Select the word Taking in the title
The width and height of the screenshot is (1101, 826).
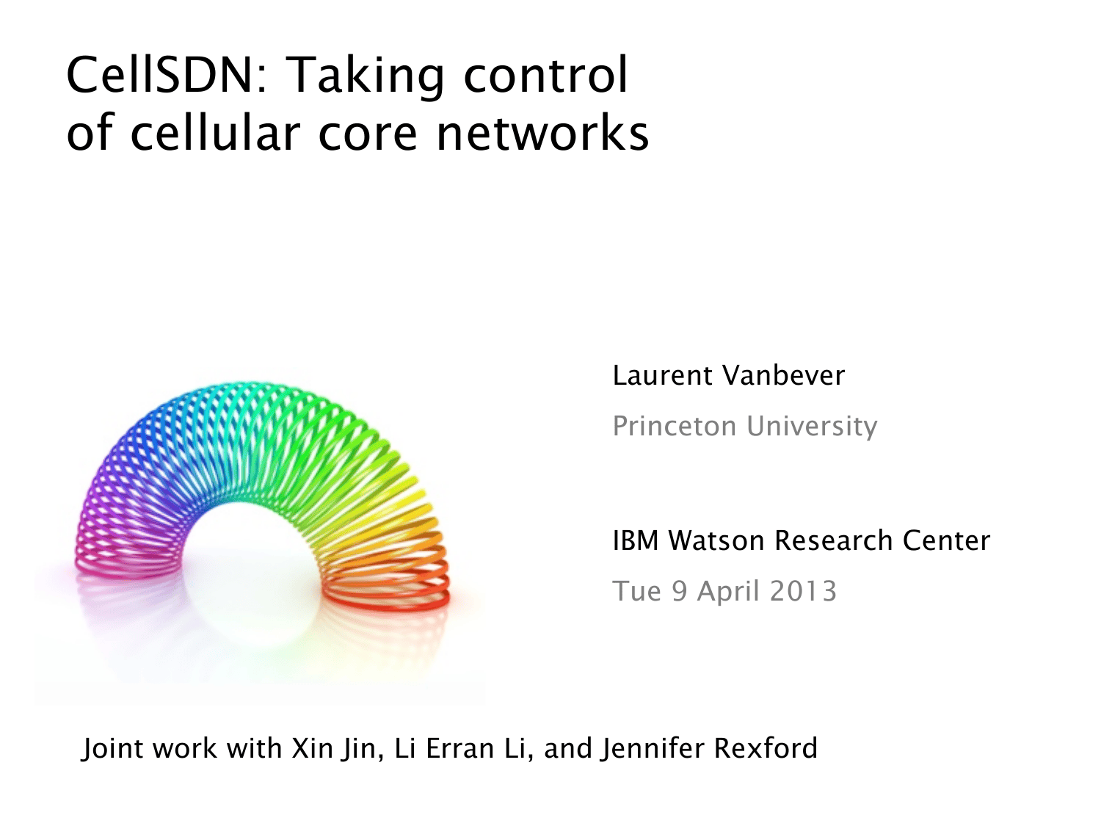point(367,78)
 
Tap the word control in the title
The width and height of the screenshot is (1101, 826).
point(546,74)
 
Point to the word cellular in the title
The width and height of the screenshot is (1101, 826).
point(215,132)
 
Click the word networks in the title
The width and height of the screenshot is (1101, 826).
point(542,132)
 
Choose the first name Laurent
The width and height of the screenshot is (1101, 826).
point(662,375)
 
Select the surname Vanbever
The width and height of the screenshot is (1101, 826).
point(783,375)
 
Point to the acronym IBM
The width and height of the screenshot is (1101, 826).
point(636,540)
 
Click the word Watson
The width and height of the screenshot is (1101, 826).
point(716,540)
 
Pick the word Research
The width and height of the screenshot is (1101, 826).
point(833,540)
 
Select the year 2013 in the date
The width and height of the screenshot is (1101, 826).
point(802,591)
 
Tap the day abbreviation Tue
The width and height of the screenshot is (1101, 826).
point(636,591)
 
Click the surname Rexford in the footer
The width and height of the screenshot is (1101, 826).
point(765,748)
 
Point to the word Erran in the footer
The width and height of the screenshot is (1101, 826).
point(456,748)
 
